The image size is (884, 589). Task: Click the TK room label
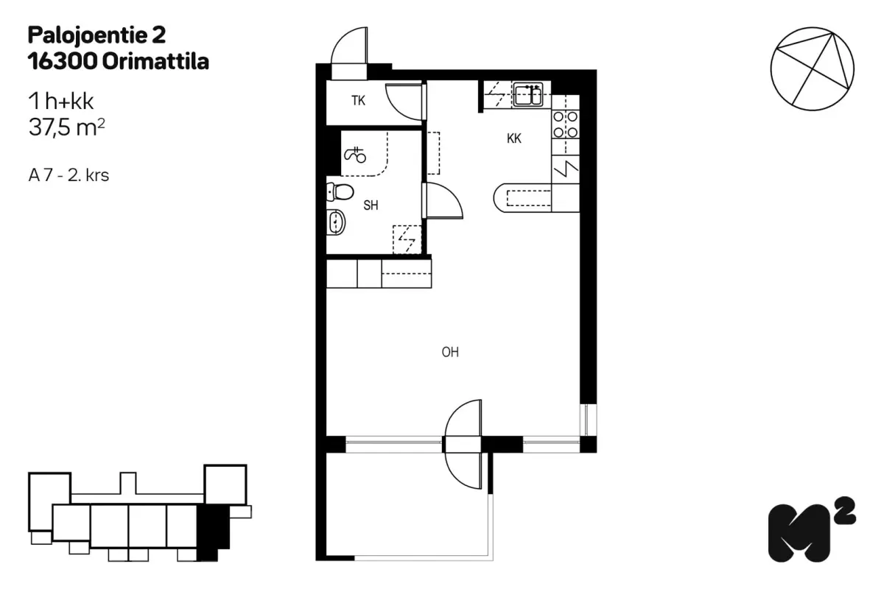pos(358,101)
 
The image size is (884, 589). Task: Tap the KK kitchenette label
pos(514,138)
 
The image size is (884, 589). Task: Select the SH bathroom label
pos(371,205)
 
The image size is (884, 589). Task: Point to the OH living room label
pos(450,352)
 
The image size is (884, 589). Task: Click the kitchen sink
pos(527,95)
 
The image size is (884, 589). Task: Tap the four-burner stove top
pos(565,124)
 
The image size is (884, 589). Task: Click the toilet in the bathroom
pos(340,192)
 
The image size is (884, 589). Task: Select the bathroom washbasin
pos(336,222)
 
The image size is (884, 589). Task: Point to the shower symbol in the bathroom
pos(355,155)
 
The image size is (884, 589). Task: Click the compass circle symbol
pos(812,68)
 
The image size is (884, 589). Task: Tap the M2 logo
pos(812,529)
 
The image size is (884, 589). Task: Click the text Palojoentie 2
pos(97,35)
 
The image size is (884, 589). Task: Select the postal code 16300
pos(63,62)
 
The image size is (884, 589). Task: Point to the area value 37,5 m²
pos(67,127)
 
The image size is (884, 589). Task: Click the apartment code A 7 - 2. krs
pos(69,175)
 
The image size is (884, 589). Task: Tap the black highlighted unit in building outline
pos(212,532)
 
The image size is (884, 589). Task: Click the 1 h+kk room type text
pos(60,102)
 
